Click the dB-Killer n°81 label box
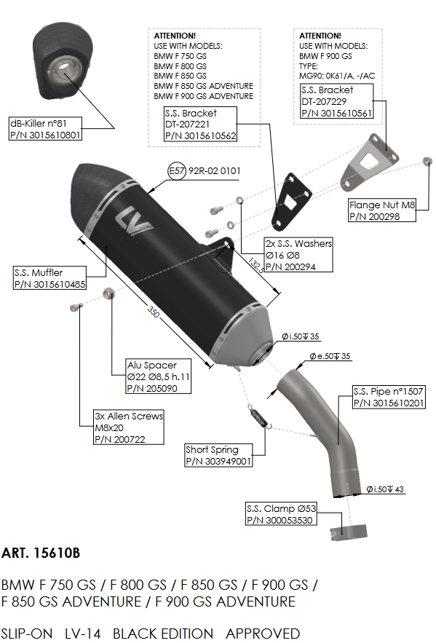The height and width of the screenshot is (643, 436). click(45, 129)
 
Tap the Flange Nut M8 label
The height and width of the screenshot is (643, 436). click(382, 210)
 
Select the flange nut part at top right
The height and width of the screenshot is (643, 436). click(427, 160)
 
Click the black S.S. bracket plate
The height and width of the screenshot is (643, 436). click(291, 200)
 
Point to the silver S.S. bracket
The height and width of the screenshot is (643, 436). click(367, 163)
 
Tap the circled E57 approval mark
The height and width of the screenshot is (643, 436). click(177, 170)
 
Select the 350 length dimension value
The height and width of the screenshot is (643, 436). click(154, 312)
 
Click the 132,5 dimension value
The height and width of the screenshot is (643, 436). click(255, 265)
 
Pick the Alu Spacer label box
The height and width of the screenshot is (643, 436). click(158, 376)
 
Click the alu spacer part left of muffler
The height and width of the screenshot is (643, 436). click(108, 293)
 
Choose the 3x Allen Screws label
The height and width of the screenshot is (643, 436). click(129, 427)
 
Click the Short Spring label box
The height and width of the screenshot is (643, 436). click(218, 455)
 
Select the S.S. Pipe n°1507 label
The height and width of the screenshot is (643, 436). click(389, 397)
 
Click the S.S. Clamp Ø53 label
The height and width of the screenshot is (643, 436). click(281, 514)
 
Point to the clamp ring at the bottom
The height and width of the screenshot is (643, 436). click(349, 532)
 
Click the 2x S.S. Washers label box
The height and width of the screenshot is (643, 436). click(298, 255)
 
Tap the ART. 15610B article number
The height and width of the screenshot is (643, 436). click(41, 553)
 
